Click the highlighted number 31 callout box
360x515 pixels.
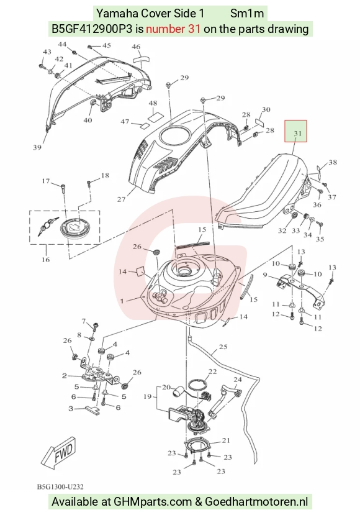pyautogui.click(x=295, y=131)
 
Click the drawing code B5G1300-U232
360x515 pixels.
pyautogui.click(x=60, y=487)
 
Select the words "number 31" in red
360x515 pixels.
pyautogui.click(x=173, y=29)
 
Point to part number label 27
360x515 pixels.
pyautogui.click(x=122, y=199)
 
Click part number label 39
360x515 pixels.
pyautogui.click(x=37, y=147)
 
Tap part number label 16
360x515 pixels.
pyautogui.click(x=45, y=260)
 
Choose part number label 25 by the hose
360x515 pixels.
pyautogui.click(x=223, y=347)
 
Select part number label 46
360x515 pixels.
pyautogui.click(x=136, y=47)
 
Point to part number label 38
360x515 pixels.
pyautogui.click(x=333, y=162)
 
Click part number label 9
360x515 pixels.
pyautogui.click(x=265, y=275)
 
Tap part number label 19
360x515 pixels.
pyautogui.click(x=148, y=396)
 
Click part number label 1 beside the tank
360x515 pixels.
pyautogui.click(x=122, y=301)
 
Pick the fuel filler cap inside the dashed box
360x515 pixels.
pyautogui.click(x=76, y=227)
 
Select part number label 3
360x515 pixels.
pyautogui.click(x=71, y=409)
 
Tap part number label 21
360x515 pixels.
pyautogui.click(x=226, y=440)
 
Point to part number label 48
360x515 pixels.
pyautogui.click(x=153, y=103)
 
